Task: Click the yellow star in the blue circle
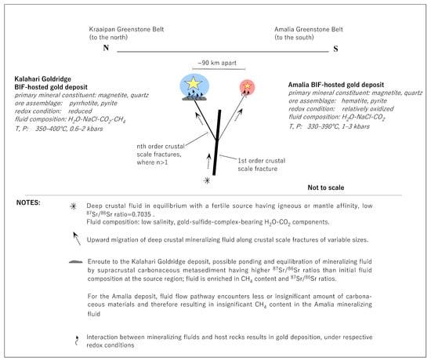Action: (x=194, y=83)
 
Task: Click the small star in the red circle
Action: (x=248, y=86)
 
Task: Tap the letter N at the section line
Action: (x=106, y=48)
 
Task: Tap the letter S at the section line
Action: (x=335, y=49)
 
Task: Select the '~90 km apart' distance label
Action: (x=217, y=63)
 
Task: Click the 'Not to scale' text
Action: (x=326, y=188)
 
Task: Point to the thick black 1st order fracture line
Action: (x=217, y=142)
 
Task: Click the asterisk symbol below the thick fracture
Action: (x=207, y=180)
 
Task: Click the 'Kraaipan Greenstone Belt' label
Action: (x=126, y=29)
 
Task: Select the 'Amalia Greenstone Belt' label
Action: (x=309, y=29)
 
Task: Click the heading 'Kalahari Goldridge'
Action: (x=42, y=79)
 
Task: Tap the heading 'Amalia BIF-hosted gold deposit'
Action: (x=336, y=85)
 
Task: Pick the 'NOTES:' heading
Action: (x=28, y=202)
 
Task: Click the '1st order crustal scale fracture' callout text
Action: (x=262, y=165)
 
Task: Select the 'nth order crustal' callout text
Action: (x=161, y=146)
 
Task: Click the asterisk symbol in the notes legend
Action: (x=73, y=206)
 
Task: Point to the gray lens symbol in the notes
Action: (x=75, y=262)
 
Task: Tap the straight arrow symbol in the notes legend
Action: (x=77, y=239)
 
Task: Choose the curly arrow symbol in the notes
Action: (x=77, y=341)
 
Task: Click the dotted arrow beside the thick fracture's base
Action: (x=208, y=161)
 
